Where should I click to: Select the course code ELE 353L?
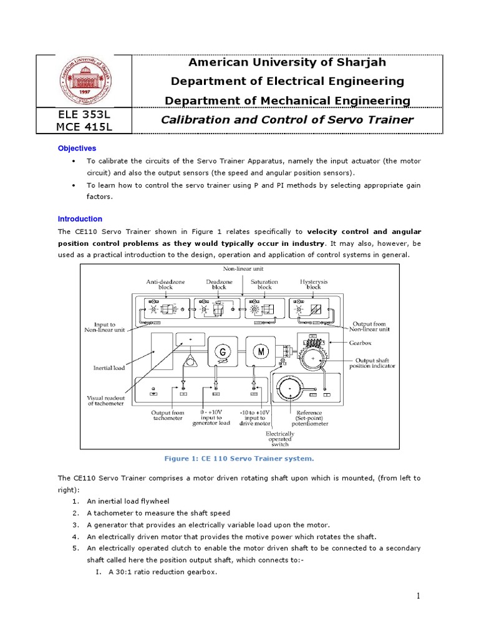84,114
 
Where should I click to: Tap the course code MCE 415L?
84,127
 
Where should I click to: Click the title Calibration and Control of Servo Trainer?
287,120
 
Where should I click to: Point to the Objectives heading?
77,149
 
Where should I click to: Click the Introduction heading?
80,219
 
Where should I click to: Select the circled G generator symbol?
221,352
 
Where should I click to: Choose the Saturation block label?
264,285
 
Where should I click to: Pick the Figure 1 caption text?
239,458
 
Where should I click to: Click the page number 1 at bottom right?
419,596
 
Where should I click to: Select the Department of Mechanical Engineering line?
287,100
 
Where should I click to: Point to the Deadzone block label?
220,285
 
